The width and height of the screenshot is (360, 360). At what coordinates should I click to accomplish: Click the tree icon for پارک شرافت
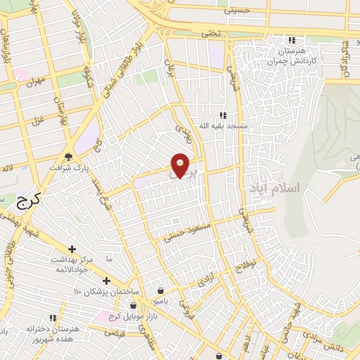coord(69,157)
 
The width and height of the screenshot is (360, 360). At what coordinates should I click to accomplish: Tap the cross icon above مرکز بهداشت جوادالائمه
coord(72,249)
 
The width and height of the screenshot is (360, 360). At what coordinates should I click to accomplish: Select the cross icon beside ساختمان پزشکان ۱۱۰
coord(105,281)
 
